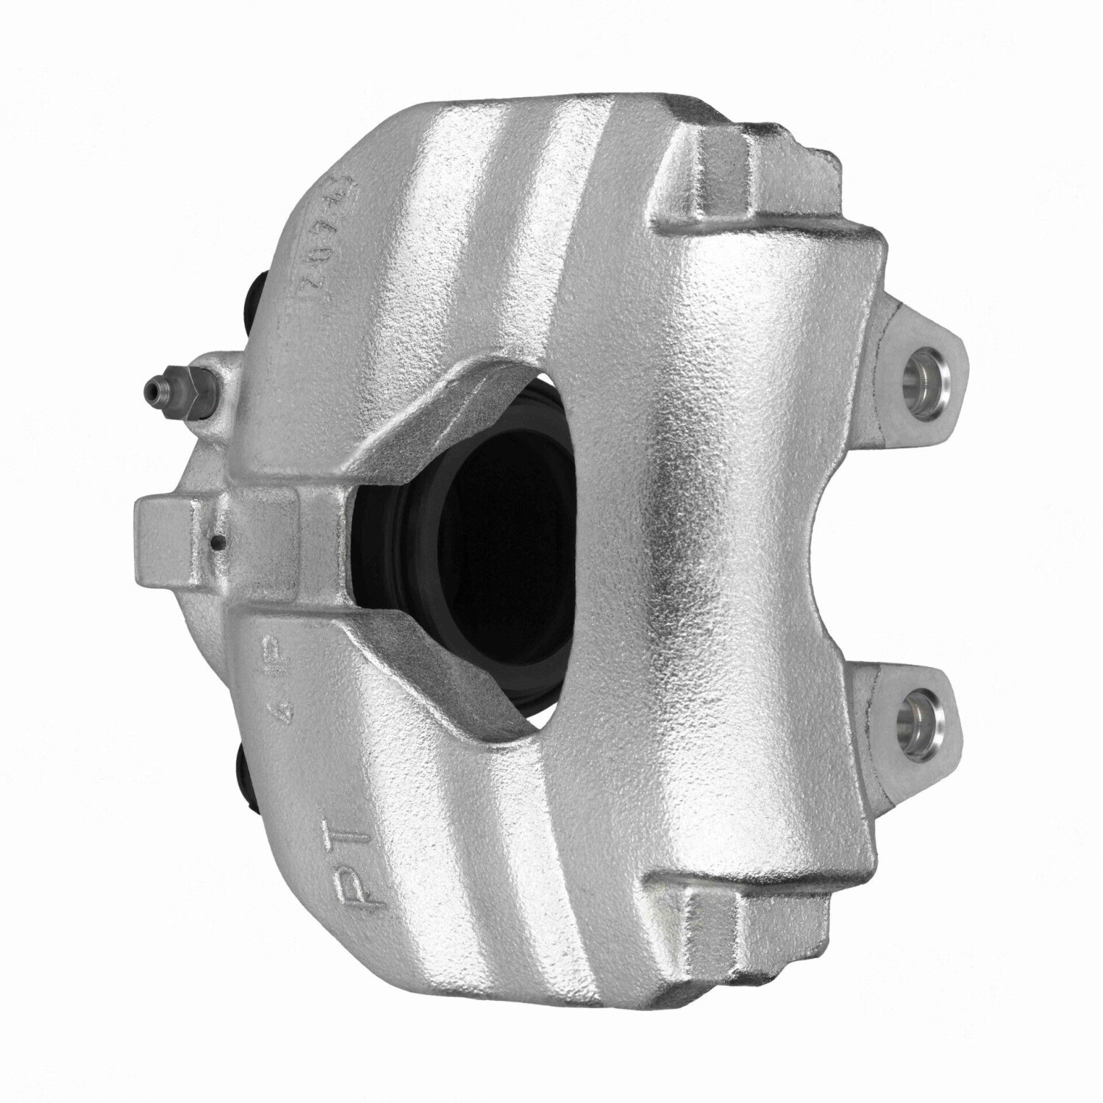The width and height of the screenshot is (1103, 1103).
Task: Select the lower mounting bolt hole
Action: coord(921,712)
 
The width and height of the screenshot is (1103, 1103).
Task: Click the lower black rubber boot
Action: coord(245,771)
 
